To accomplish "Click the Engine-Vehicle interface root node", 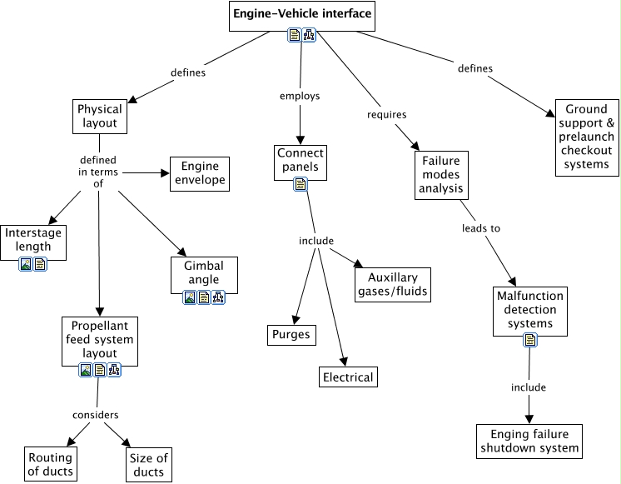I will (x=301, y=14).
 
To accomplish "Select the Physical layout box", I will (x=100, y=117).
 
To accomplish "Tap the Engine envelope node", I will (x=198, y=173).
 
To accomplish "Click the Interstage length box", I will (x=32, y=239).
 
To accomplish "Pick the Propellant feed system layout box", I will (x=99, y=340).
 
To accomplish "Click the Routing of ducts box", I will (x=51, y=464).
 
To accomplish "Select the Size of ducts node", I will (x=148, y=464).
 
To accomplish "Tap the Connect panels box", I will (x=300, y=160).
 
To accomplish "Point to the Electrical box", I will (x=348, y=377).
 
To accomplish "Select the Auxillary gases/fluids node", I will (x=392, y=284).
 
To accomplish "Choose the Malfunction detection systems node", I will (x=529, y=310).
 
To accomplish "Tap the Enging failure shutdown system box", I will (x=527, y=441).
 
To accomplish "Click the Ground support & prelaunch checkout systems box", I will (x=587, y=137).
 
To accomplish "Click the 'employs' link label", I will (x=299, y=96).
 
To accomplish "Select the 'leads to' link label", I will (x=482, y=227).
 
